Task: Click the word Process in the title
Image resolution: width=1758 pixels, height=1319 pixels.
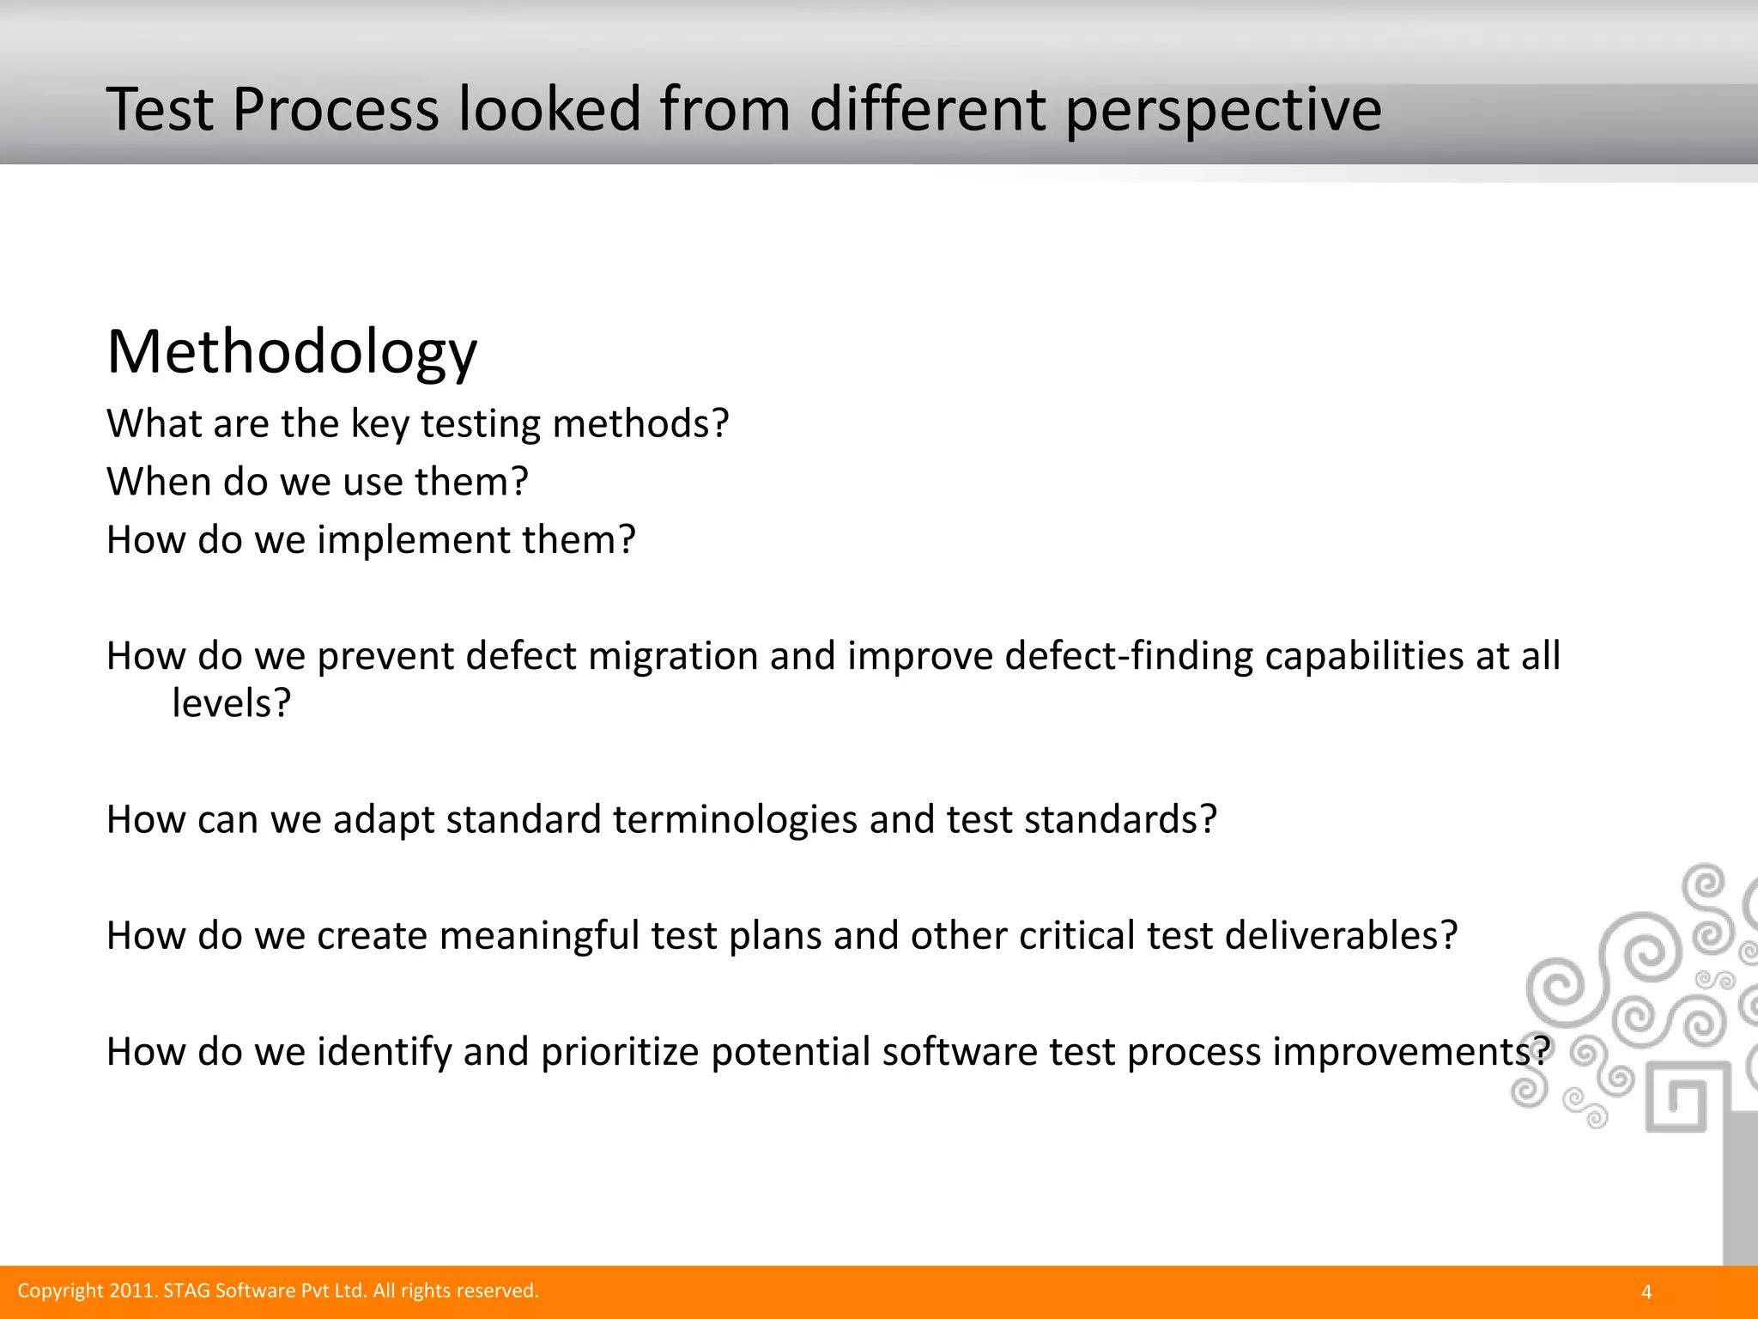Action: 336,110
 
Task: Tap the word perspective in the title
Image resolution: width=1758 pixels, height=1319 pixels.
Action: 1223,112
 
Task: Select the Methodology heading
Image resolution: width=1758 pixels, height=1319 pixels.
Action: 292,352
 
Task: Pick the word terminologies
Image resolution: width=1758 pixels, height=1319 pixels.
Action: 734,819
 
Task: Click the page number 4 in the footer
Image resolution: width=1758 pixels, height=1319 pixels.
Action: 1646,1292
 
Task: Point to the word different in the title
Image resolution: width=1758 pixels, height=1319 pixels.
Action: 927,110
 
